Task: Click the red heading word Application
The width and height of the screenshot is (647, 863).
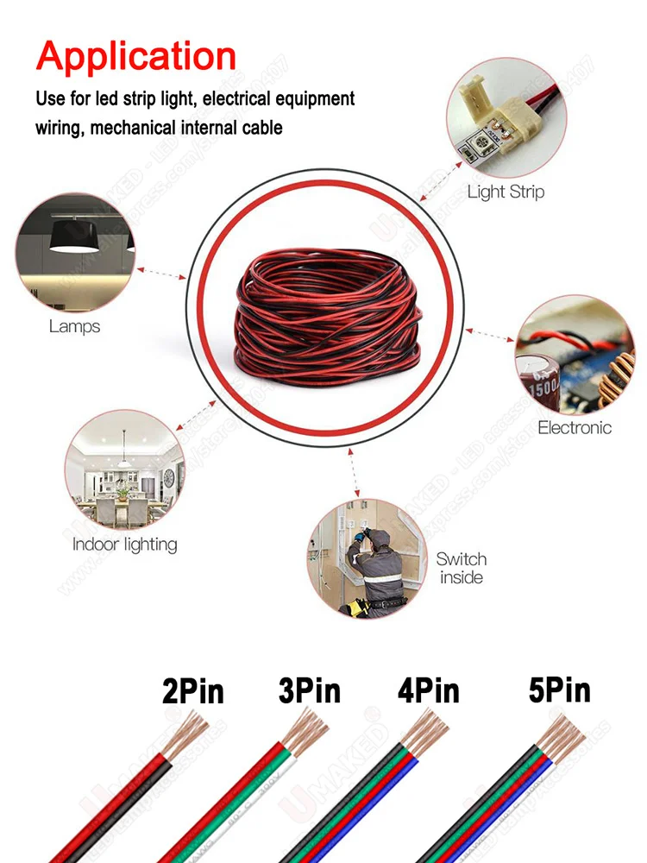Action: click(x=136, y=56)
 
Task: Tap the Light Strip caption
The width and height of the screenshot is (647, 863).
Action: click(x=506, y=192)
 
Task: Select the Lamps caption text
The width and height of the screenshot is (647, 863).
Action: click(x=74, y=326)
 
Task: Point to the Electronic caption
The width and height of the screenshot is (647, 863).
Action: click(x=575, y=427)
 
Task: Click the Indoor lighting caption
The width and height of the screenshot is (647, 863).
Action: click(x=124, y=545)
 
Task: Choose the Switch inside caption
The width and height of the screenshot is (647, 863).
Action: click(x=462, y=568)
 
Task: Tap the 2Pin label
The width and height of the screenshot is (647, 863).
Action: click(x=193, y=691)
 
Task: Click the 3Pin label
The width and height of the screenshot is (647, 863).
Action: click(x=309, y=690)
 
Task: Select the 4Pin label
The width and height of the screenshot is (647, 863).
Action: click(x=428, y=690)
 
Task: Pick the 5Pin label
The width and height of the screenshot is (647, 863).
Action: click(x=560, y=690)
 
